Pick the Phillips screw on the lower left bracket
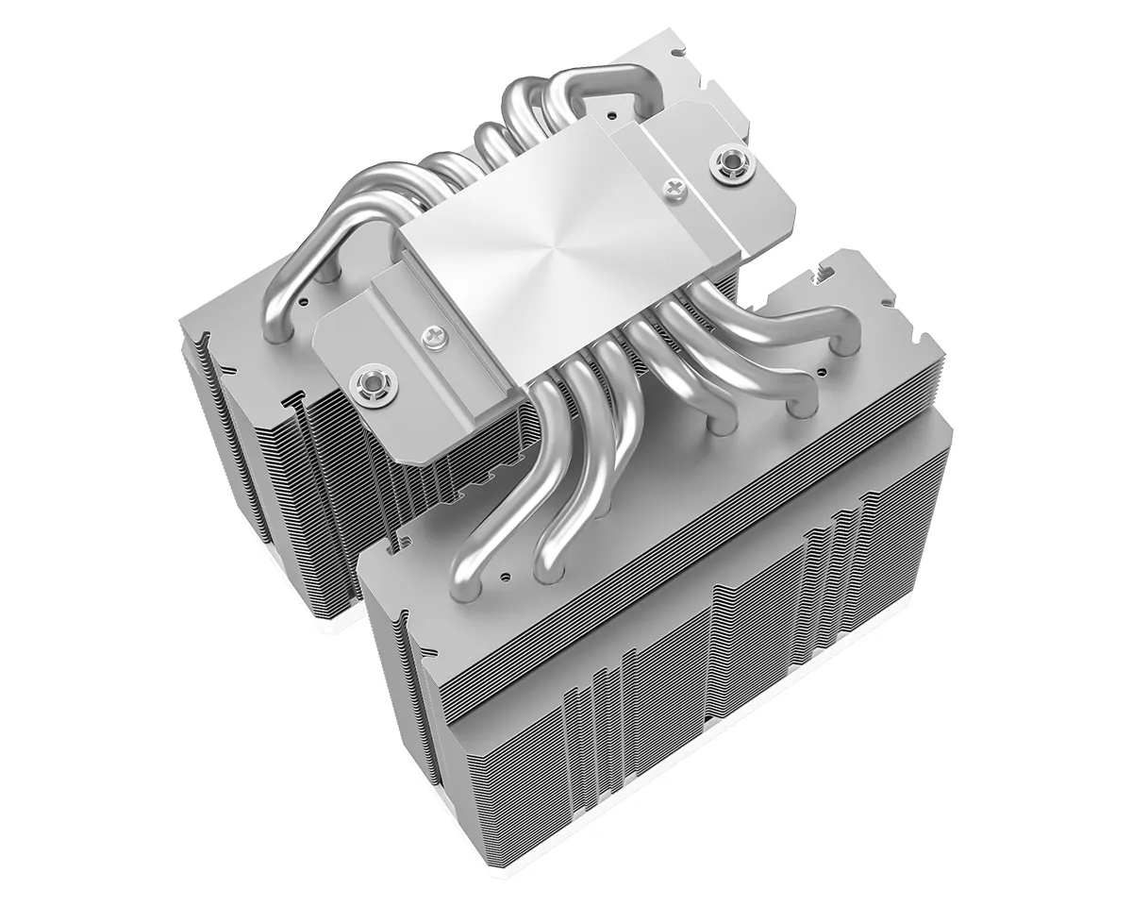point(433,333)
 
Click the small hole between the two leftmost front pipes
point(507,573)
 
